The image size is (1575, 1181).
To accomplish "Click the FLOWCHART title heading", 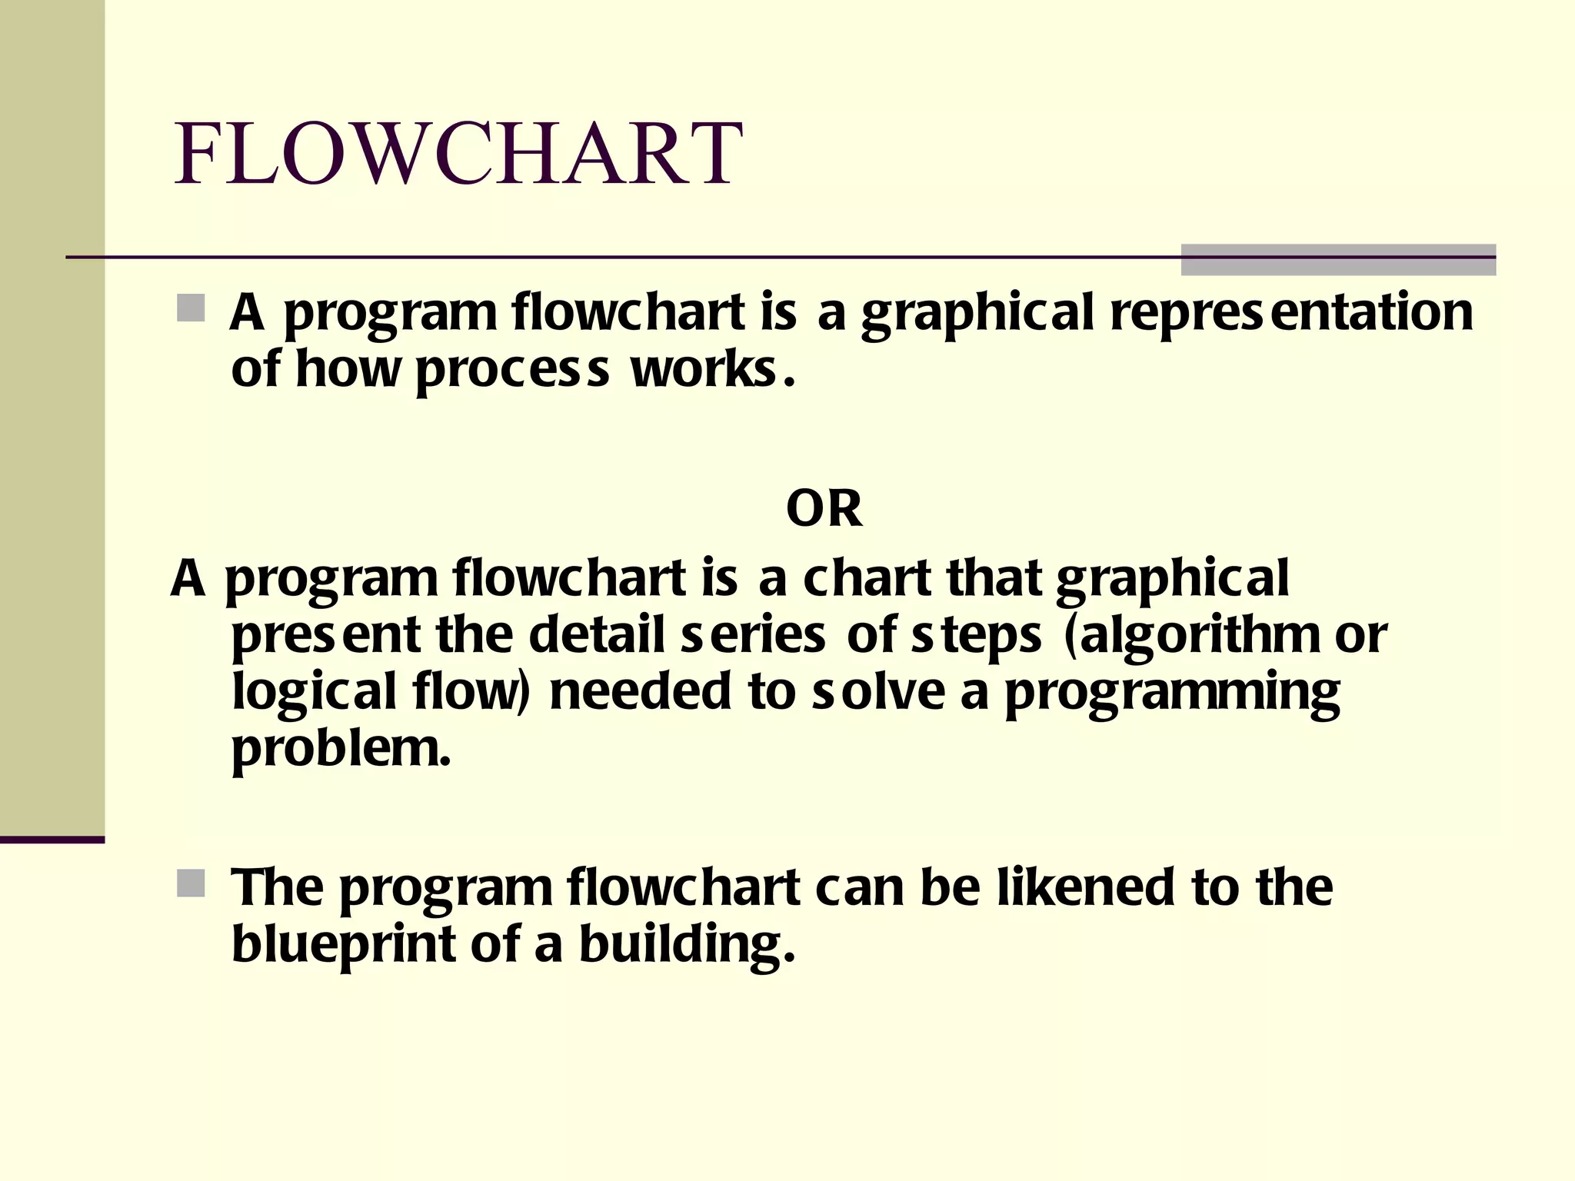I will click(x=458, y=154).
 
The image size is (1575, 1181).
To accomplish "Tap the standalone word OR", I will click(x=824, y=509).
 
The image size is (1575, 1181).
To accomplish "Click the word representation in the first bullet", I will click(x=1292, y=312).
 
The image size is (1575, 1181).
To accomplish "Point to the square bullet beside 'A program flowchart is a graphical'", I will click(x=191, y=308).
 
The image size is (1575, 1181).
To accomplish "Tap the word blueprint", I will click(x=344, y=946).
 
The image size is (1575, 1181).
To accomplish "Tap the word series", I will click(x=754, y=637).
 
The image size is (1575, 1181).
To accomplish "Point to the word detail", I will click(x=597, y=635).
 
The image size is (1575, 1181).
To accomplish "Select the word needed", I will click(x=640, y=692).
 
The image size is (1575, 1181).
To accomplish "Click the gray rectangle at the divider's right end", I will click(x=1338, y=260).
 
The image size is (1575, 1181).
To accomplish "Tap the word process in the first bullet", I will click(x=512, y=371).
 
